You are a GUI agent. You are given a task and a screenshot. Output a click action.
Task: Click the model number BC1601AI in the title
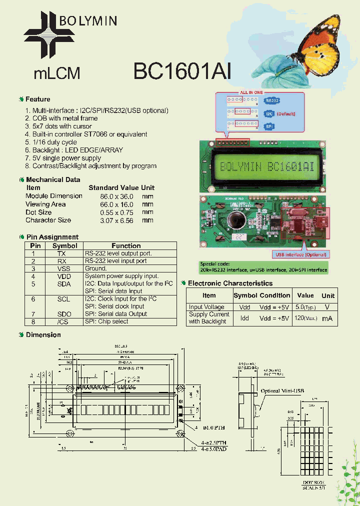(182, 71)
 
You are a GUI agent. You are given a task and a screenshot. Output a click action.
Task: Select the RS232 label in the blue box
(271, 101)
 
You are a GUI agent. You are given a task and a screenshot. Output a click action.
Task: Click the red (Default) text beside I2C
(286, 113)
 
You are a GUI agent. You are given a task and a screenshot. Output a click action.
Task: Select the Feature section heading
(38, 99)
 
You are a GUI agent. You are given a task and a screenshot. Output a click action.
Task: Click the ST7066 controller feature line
(90, 134)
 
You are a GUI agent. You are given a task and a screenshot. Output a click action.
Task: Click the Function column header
(126, 245)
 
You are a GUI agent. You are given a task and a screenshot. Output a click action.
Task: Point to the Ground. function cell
(96, 268)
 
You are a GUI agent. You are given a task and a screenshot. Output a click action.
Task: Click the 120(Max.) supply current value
(305, 318)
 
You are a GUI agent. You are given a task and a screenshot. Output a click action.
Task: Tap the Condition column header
(274, 295)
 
